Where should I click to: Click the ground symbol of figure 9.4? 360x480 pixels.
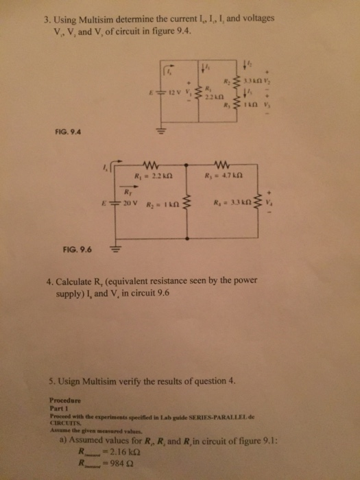tap(163, 132)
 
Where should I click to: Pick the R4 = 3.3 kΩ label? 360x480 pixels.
tap(230, 204)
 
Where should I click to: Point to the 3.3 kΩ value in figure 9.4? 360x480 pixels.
tap(250, 82)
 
